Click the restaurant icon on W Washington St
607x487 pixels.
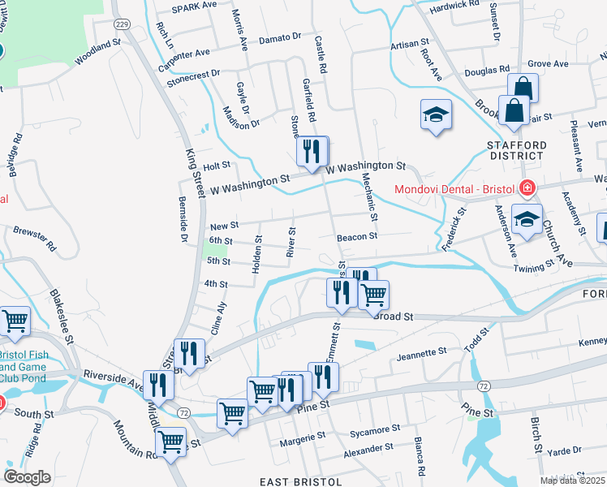[312, 151]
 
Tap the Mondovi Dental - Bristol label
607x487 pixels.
[454, 190]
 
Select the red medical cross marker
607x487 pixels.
[527, 189]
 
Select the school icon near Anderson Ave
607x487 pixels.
[527, 221]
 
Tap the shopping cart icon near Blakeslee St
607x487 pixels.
[15, 323]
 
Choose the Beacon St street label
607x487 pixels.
[358, 237]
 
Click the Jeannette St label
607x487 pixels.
[422, 354]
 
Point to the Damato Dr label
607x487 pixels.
[279, 38]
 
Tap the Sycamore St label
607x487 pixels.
[374, 428]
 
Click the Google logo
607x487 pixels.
[26, 477]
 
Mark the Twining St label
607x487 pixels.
[533, 264]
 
